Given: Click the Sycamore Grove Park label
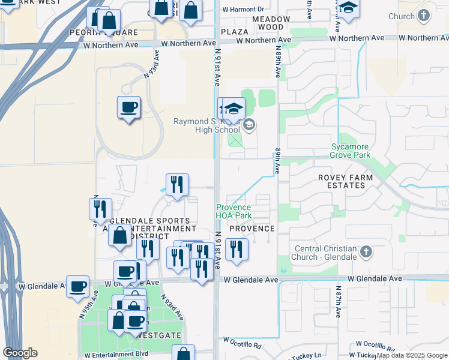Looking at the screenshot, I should [350, 151].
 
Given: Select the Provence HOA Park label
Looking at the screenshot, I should [234, 211].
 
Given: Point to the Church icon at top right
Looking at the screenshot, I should [424, 15].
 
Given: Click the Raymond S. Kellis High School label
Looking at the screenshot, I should [206, 125].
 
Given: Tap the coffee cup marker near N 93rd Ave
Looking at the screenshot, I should [128, 108].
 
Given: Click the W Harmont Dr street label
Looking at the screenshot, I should [243, 10].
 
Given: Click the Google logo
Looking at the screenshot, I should [20, 353].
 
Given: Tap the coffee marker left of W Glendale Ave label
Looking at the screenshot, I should [77, 286].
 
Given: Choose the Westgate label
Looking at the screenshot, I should [155, 335].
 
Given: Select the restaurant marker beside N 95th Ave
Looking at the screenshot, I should [100, 209].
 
